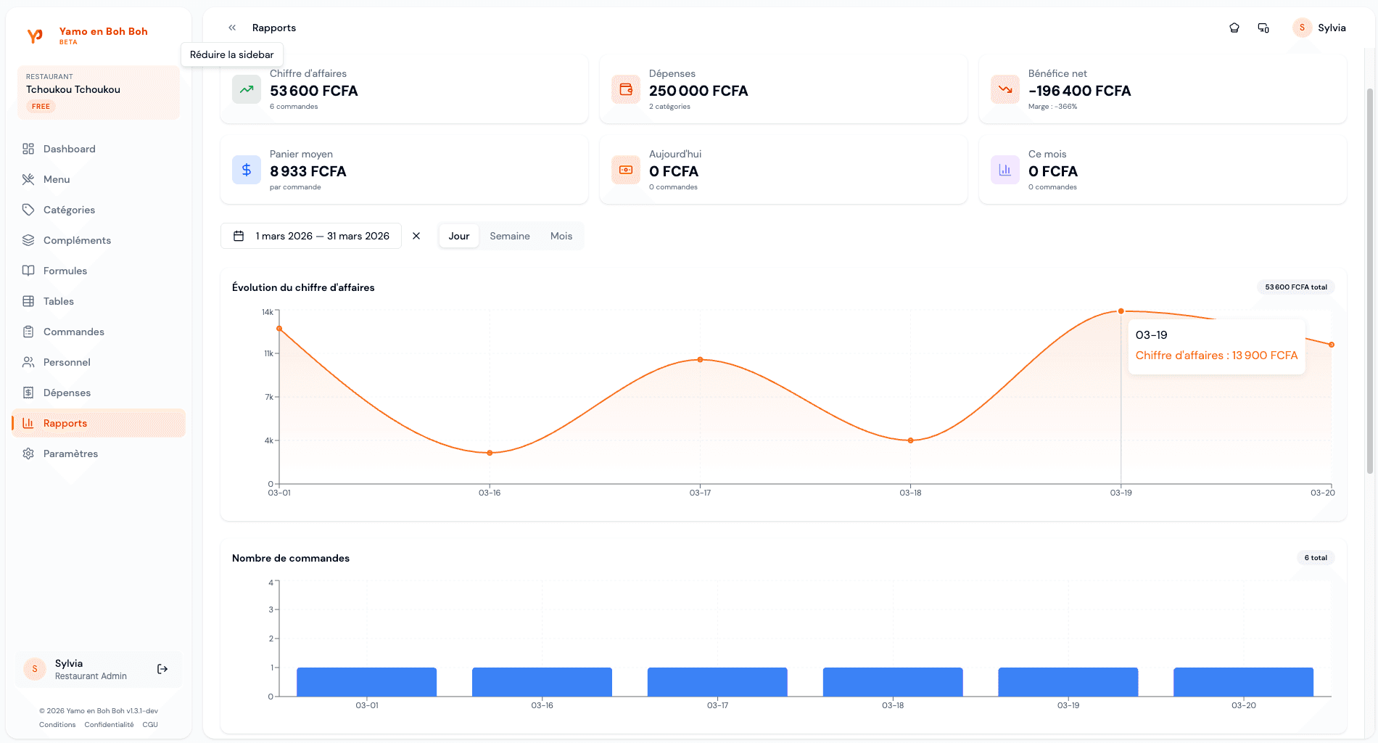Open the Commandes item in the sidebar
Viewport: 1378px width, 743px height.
click(73, 332)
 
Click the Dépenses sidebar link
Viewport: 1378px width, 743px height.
click(67, 393)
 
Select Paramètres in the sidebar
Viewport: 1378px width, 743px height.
click(70, 453)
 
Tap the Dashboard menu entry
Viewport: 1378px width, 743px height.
click(69, 149)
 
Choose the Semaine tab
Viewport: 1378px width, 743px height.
click(509, 236)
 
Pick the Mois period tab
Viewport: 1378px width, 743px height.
click(561, 236)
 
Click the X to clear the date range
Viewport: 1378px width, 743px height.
click(416, 236)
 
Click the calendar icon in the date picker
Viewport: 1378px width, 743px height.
click(239, 236)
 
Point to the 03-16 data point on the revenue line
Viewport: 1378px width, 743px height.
click(490, 453)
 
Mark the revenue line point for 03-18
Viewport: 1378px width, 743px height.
click(911, 440)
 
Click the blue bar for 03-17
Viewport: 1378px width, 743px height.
click(717, 682)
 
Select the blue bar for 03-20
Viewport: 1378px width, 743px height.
click(1243, 682)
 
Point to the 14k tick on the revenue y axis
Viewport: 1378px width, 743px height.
click(268, 312)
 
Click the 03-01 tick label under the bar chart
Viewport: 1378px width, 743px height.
click(367, 705)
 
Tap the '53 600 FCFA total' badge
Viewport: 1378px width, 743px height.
click(1296, 287)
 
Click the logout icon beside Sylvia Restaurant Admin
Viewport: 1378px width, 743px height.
click(162, 669)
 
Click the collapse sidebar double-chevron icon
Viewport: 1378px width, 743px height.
click(232, 28)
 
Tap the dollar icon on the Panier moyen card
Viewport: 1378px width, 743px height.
click(247, 170)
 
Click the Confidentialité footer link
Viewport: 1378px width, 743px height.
click(109, 725)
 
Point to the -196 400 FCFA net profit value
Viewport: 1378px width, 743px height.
click(1079, 91)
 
